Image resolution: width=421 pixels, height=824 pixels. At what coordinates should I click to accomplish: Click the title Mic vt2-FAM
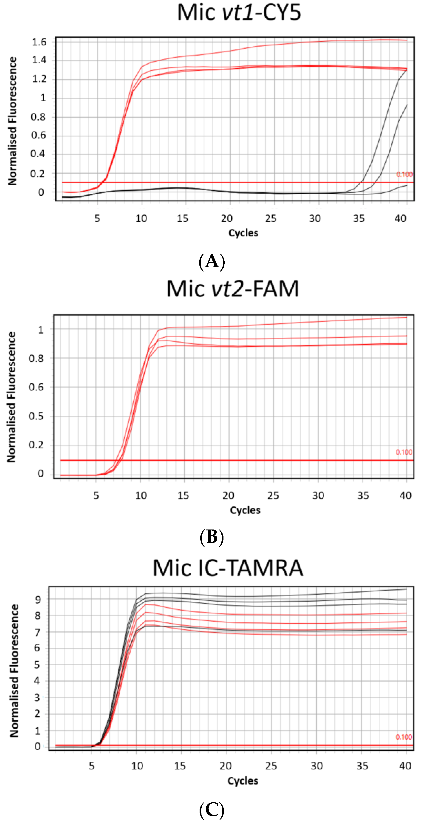233,289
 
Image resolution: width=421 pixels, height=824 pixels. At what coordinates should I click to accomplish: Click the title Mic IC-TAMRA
228,568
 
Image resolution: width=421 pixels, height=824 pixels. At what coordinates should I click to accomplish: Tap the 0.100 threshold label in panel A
404,175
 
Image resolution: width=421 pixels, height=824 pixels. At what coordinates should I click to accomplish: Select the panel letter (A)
212,262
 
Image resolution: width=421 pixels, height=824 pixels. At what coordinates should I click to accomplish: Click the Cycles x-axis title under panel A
243,233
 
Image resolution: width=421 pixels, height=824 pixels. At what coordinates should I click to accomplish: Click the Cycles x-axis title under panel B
245,510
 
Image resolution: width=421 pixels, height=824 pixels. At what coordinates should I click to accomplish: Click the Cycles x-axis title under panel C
243,781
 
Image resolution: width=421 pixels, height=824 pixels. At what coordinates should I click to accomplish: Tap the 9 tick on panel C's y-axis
38,600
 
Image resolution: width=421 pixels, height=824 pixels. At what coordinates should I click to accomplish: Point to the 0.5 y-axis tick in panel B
36,416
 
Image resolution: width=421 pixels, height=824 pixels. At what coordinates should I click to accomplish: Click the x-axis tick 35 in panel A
359,218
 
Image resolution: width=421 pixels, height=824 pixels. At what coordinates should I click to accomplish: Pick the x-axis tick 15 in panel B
183,496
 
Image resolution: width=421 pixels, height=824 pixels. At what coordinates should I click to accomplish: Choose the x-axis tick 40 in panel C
405,766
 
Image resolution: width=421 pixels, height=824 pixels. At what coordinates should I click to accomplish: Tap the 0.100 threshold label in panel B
404,452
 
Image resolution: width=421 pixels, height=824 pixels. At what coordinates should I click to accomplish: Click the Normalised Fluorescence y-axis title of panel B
11,397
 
